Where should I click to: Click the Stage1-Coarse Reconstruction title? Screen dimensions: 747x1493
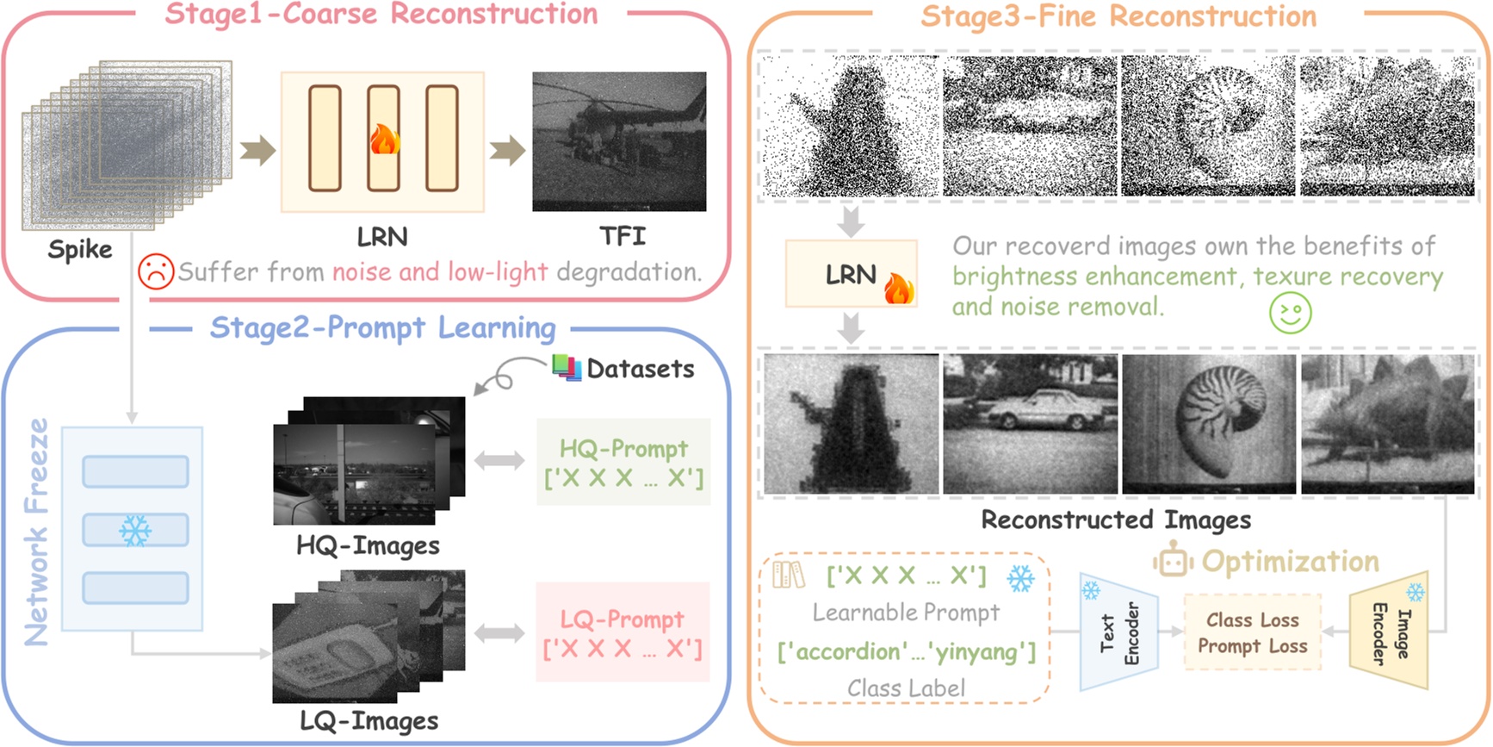point(381,15)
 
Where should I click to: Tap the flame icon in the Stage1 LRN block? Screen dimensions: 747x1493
point(384,139)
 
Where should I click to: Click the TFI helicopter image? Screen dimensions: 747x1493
point(619,141)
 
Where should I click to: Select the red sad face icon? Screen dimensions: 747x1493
point(156,271)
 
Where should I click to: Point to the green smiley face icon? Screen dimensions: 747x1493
point(1290,313)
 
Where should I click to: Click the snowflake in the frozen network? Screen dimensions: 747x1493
point(135,531)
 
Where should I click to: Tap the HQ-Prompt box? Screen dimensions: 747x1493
point(623,462)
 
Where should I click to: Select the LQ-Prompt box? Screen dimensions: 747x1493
point(623,632)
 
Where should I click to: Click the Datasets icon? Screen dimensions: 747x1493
point(566,367)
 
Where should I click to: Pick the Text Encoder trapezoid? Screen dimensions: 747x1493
point(1118,632)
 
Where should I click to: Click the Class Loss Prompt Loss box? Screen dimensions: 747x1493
point(1252,632)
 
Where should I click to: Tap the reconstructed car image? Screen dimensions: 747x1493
point(1030,424)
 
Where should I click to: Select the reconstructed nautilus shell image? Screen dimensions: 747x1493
point(1209,424)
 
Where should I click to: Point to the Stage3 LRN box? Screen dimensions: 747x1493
point(851,274)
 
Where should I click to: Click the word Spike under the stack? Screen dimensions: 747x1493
point(80,249)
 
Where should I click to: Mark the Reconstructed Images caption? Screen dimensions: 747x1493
point(1116,520)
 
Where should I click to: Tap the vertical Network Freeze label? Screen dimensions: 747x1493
point(37,532)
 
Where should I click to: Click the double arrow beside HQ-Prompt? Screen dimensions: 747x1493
point(499,461)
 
